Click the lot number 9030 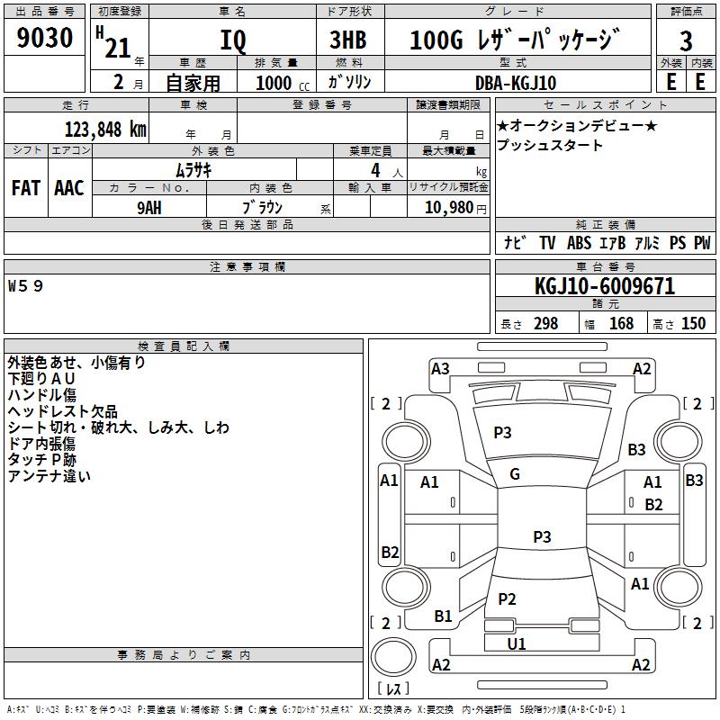click(x=44, y=38)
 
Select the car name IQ click(x=233, y=40)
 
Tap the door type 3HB click(x=348, y=40)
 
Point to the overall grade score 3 click(x=686, y=40)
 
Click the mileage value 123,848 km click(x=105, y=130)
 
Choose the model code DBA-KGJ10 click(x=516, y=83)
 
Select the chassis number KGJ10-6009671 click(x=605, y=286)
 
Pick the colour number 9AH click(x=149, y=208)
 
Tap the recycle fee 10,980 click(x=449, y=207)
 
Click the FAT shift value click(x=26, y=188)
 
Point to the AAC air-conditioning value click(x=69, y=188)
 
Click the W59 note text click(x=26, y=286)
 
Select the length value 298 click(x=546, y=324)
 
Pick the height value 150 click(x=693, y=324)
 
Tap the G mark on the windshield click(x=515, y=474)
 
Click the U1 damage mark click(x=517, y=643)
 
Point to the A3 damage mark click(x=440, y=369)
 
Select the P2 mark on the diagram click(x=507, y=598)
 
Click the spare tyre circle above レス click(x=393, y=657)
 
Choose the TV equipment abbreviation click(x=547, y=243)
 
